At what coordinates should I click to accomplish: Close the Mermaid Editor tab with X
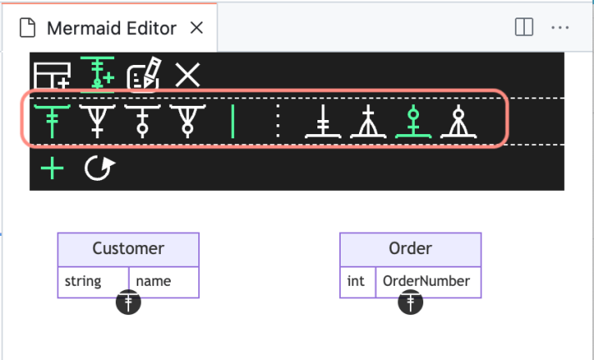pyautogui.click(x=197, y=27)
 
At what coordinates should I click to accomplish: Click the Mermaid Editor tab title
pyautogui.click(x=111, y=27)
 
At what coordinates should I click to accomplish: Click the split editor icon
pyautogui.click(x=524, y=27)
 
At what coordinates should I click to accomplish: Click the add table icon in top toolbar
pyautogui.click(x=52, y=76)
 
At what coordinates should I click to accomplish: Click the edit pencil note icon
pyautogui.click(x=143, y=76)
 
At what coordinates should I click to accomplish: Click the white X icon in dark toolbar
pyautogui.click(x=187, y=75)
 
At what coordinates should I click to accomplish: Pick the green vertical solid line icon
pyautogui.click(x=232, y=122)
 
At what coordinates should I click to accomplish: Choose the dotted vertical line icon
pyautogui.click(x=277, y=122)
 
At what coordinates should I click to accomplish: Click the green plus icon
pyautogui.click(x=52, y=169)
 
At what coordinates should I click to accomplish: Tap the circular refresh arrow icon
pyautogui.click(x=99, y=169)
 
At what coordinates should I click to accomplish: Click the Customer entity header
pyautogui.click(x=128, y=248)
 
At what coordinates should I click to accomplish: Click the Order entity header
pyautogui.click(x=410, y=248)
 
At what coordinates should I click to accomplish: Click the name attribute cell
pyautogui.click(x=163, y=282)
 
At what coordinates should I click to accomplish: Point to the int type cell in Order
pyautogui.click(x=357, y=282)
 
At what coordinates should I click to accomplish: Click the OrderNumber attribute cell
pyautogui.click(x=427, y=282)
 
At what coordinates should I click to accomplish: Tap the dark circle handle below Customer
pyautogui.click(x=128, y=302)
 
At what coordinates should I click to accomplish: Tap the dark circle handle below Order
pyautogui.click(x=411, y=302)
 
